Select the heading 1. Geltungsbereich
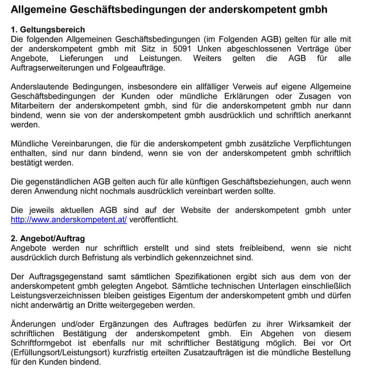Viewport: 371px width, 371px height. tap(48, 30)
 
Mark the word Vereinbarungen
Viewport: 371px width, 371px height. tap(75, 144)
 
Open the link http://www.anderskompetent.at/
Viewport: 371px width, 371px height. tap(69, 220)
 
